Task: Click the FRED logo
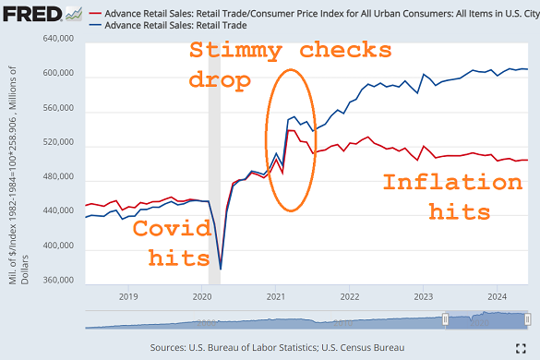tap(36, 14)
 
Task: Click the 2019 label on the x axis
tap(127, 296)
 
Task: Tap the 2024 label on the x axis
tap(497, 296)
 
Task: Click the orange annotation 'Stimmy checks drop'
tap(289, 65)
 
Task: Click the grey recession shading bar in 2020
tap(214, 166)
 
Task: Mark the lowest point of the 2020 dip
tap(220, 269)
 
